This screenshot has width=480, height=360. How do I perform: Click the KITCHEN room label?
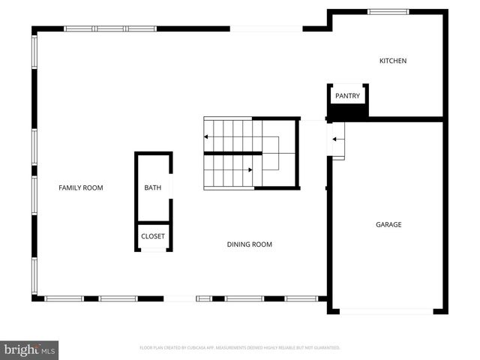(x=393, y=61)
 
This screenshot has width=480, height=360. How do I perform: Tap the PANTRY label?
(x=347, y=96)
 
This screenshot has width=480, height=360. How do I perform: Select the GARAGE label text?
(x=388, y=224)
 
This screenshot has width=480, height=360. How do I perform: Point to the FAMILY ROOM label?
(x=81, y=187)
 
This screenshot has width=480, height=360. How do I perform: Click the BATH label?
(x=153, y=187)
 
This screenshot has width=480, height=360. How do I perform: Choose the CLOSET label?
(x=153, y=236)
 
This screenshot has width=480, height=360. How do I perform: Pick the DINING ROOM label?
(x=250, y=244)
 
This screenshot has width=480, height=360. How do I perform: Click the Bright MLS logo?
(x=29, y=349)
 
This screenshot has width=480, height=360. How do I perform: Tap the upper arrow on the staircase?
(x=207, y=136)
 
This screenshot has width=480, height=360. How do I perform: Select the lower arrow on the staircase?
(x=250, y=169)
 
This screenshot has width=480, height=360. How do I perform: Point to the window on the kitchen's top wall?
(x=388, y=12)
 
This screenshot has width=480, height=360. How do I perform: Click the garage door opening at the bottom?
(x=387, y=310)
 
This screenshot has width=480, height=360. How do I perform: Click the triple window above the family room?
(x=109, y=28)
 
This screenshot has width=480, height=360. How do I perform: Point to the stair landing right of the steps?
(x=281, y=153)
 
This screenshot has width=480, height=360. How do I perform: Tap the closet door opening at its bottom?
(x=153, y=250)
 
